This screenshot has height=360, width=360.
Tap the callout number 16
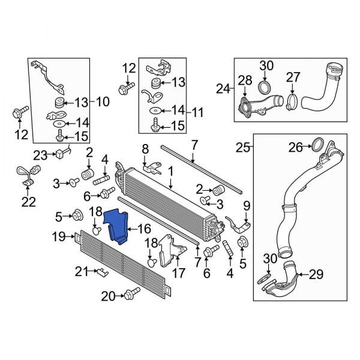pyautogui.click(x=145, y=229)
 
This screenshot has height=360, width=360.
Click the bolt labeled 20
pyautogui.click(x=128, y=295)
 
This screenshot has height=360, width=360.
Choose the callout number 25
pyautogui.click(x=244, y=146)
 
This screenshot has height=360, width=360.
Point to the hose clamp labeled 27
pyautogui.click(x=292, y=95)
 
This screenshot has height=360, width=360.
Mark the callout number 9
pyautogui.click(x=245, y=208)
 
